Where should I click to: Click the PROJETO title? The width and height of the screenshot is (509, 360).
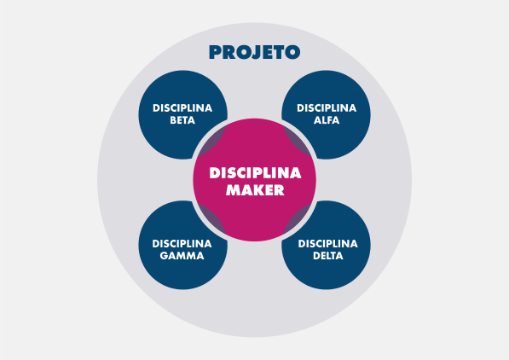254,52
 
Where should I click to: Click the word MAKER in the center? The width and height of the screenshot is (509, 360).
255,190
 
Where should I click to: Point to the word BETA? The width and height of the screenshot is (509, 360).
182,120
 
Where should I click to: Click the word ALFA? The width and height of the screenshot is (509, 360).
327,120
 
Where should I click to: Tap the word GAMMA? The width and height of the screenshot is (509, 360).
182,255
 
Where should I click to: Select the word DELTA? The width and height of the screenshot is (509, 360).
328,255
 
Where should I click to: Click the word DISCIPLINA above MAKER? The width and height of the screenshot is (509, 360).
255,173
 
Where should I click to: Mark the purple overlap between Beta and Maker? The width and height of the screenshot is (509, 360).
211,141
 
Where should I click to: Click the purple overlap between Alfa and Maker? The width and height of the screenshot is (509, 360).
298,141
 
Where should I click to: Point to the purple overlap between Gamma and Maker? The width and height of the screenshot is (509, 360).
211,219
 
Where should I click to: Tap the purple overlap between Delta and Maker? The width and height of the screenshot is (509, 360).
298,219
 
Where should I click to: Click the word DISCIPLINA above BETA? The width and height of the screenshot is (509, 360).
182,107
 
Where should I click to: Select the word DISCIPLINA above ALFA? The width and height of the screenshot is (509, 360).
327,107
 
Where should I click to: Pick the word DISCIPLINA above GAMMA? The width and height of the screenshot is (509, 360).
182,243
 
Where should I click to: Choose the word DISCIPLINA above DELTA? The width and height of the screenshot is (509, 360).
328,243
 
